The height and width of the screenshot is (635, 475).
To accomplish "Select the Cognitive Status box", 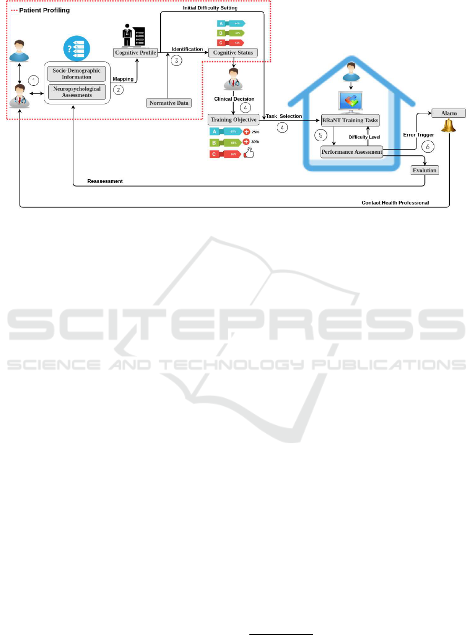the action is pyautogui.click(x=233, y=52).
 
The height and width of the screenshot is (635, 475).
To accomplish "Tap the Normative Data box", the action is pyautogui.click(x=168, y=103).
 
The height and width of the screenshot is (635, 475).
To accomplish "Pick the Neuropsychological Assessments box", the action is pyautogui.click(x=77, y=92).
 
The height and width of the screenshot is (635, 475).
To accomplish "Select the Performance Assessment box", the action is pyautogui.click(x=352, y=152).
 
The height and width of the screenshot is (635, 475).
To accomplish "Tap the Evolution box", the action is pyautogui.click(x=424, y=171).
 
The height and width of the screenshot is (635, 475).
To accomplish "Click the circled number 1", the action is pyautogui.click(x=34, y=81).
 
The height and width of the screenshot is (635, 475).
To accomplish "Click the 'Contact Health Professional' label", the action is pyautogui.click(x=395, y=202).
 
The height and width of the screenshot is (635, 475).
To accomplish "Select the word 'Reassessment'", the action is pyautogui.click(x=105, y=181).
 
